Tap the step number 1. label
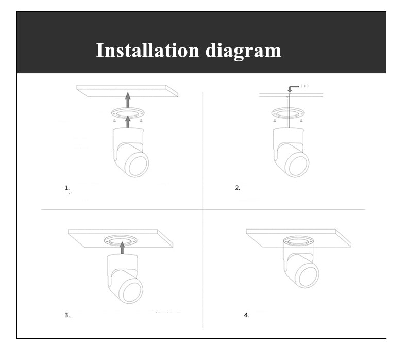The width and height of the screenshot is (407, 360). pos(67,188)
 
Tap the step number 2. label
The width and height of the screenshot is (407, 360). pos(238,188)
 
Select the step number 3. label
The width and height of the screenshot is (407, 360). pos(67,315)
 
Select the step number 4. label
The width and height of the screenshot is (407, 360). pos(246,315)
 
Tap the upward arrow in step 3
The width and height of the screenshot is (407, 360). pos(122,248)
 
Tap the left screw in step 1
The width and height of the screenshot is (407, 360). pos(114,120)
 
